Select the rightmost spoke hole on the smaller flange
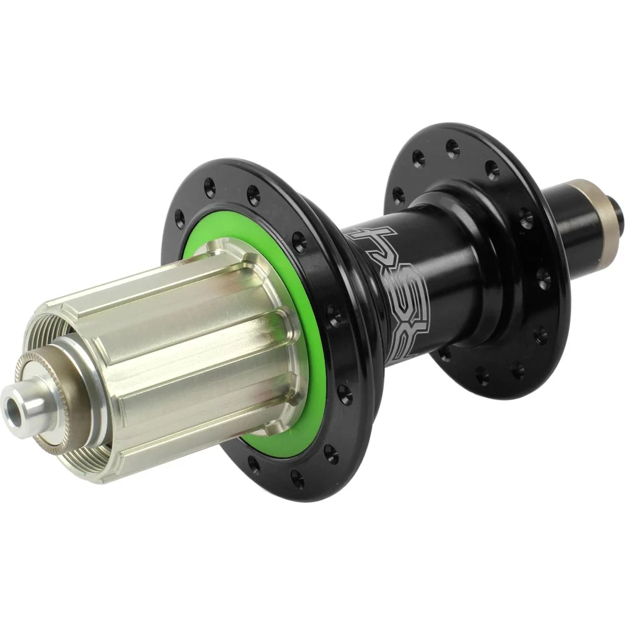click(543, 278)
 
